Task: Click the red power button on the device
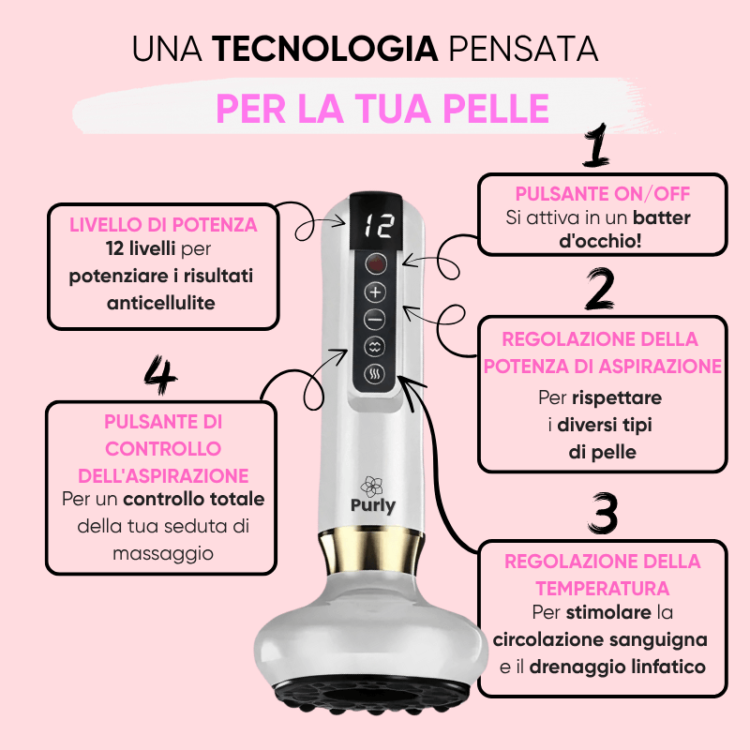[x=376, y=264]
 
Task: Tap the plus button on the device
[x=376, y=292]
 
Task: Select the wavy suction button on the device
[x=375, y=347]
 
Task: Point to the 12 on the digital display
[x=379, y=226]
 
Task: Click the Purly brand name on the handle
[x=373, y=506]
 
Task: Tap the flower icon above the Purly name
[x=371, y=487]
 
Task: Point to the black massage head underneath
[x=370, y=697]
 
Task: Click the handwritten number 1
[x=596, y=145]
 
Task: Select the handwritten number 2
[x=600, y=289]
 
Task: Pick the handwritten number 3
[x=604, y=513]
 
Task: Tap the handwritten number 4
[x=160, y=374]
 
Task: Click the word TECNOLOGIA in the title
[x=325, y=49]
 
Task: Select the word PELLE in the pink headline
[x=496, y=109]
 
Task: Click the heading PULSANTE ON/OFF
[x=602, y=194]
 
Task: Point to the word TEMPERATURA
[x=602, y=589]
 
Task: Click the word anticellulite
[x=161, y=303]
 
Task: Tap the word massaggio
[x=163, y=554]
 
